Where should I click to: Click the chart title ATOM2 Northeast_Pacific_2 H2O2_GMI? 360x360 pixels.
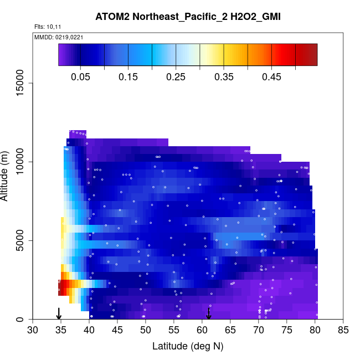(x=188, y=17)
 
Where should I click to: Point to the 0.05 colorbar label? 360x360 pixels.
(x=81, y=76)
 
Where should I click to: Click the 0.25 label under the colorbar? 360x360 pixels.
(x=176, y=76)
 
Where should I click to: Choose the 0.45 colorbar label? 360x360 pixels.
(x=271, y=76)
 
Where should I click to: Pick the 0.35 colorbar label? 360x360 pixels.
(x=224, y=76)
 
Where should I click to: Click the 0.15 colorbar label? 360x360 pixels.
(x=128, y=76)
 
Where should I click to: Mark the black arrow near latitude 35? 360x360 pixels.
(x=59, y=313)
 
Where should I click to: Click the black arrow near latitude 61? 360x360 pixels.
(x=209, y=313)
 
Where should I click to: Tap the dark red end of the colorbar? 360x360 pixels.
(x=311, y=54)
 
